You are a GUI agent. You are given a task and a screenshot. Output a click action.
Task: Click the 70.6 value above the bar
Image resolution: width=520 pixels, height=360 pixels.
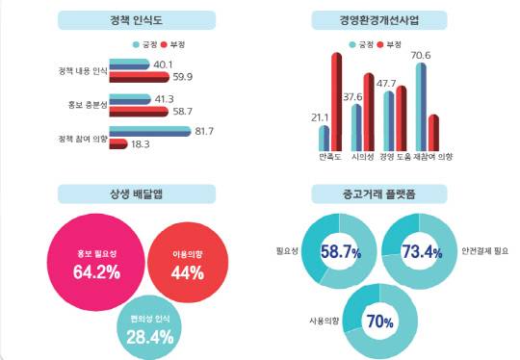tap(420, 56)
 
